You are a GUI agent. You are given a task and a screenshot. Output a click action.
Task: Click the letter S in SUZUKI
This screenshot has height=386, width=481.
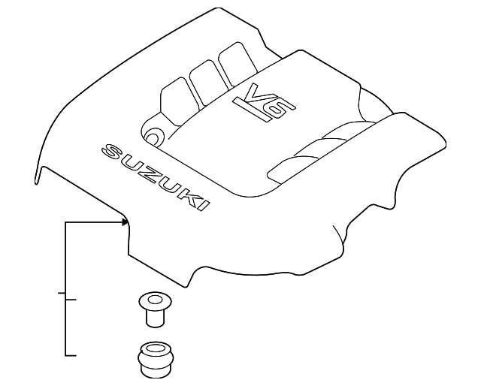click(x=112, y=152)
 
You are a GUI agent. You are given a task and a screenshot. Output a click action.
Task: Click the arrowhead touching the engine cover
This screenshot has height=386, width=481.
click(x=126, y=222)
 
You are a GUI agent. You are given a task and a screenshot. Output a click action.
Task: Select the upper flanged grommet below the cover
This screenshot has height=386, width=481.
click(x=155, y=309)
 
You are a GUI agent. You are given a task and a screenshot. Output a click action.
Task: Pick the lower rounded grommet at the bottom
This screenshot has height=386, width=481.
click(x=156, y=359)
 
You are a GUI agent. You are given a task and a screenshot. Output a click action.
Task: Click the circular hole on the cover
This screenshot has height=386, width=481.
click(x=154, y=137)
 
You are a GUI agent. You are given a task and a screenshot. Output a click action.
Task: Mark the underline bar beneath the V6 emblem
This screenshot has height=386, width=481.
click(x=253, y=110)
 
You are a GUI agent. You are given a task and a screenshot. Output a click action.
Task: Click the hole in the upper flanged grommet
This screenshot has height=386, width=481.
click(x=155, y=299)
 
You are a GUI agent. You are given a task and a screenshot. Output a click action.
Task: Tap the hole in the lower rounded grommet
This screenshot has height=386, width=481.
click(x=156, y=348)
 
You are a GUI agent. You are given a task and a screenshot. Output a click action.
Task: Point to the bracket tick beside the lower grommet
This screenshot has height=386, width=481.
click(x=71, y=355)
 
